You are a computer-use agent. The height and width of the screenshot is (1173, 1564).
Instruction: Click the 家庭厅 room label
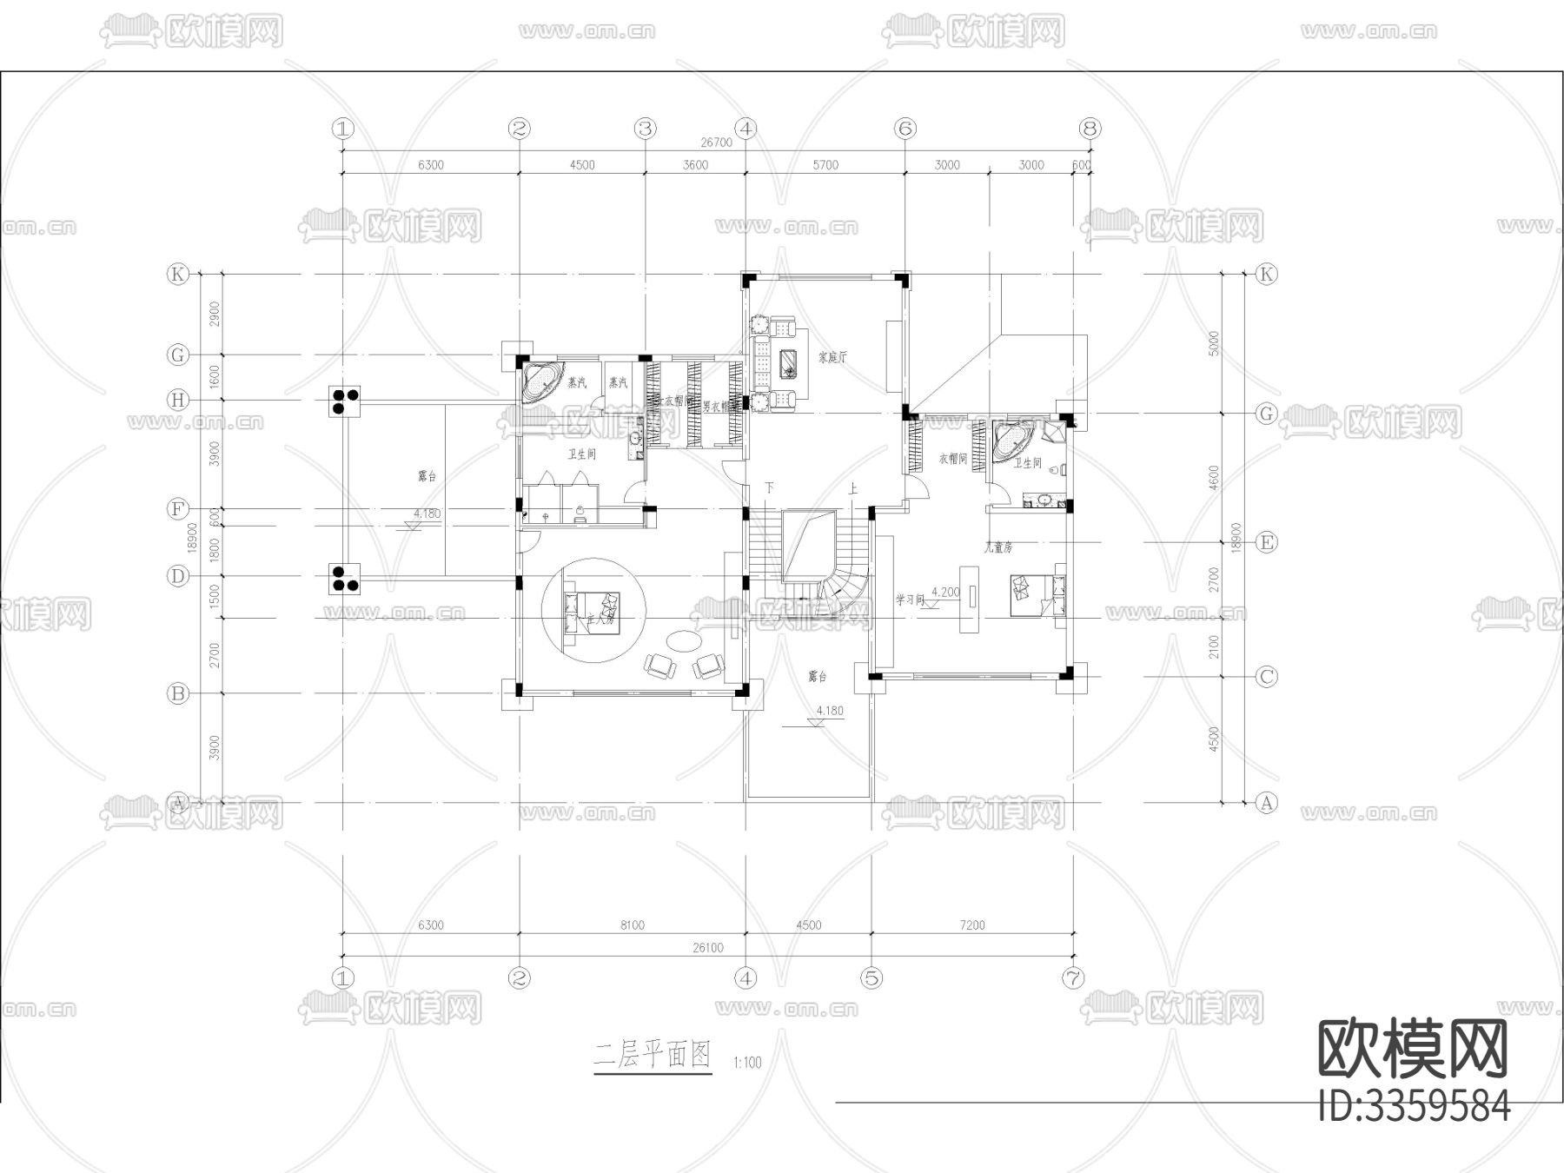(x=832, y=357)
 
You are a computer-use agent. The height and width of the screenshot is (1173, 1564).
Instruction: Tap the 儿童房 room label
(x=998, y=548)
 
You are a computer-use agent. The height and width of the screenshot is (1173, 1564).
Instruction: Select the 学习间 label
(x=911, y=600)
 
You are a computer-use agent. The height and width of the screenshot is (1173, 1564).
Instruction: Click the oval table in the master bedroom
(x=683, y=641)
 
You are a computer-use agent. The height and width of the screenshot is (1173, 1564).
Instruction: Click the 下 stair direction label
(x=769, y=488)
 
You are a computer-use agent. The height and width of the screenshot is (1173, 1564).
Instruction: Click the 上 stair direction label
(x=852, y=489)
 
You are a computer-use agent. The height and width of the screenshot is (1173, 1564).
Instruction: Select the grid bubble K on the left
(x=178, y=275)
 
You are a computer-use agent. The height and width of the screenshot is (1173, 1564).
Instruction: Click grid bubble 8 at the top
(x=1090, y=129)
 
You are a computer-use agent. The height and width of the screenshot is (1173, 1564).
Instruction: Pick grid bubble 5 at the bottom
(x=872, y=978)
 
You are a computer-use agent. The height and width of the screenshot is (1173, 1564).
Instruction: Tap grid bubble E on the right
(x=1267, y=543)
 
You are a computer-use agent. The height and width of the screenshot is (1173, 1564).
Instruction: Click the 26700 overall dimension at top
(x=717, y=142)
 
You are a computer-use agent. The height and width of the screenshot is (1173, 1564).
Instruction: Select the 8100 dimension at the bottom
(x=633, y=925)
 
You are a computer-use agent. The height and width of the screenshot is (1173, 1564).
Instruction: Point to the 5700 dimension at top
(x=825, y=165)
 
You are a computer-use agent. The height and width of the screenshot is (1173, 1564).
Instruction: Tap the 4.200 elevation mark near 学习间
(x=946, y=593)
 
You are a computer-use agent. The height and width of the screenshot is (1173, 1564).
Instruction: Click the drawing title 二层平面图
(x=652, y=1056)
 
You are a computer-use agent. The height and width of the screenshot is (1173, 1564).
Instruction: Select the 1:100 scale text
(x=747, y=1062)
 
